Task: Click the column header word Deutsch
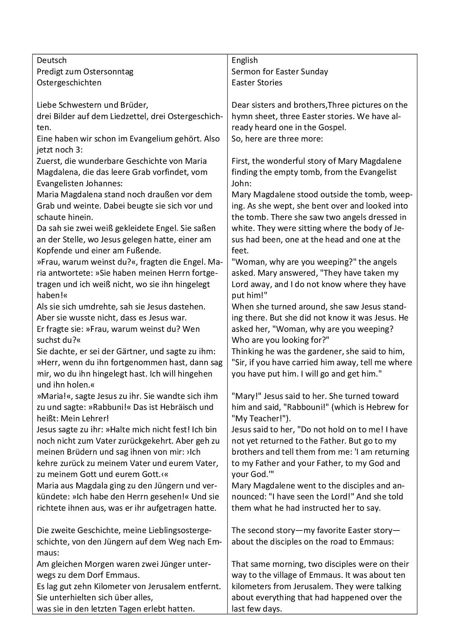coord(52,60)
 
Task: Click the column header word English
coord(245,60)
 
